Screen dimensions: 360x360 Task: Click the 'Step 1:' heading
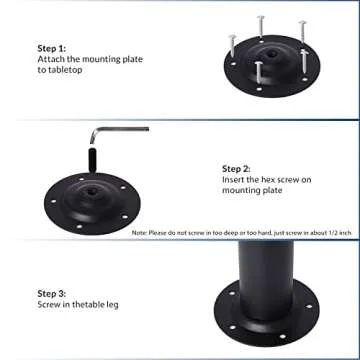pyautogui.click(x=52, y=47)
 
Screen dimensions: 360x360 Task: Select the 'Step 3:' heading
pyautogui.click(x=52, y=294)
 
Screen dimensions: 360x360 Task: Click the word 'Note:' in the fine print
pyautogui.click(x=139, y=232)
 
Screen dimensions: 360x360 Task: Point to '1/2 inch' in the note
pyautogui.click(x=334, y=232)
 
